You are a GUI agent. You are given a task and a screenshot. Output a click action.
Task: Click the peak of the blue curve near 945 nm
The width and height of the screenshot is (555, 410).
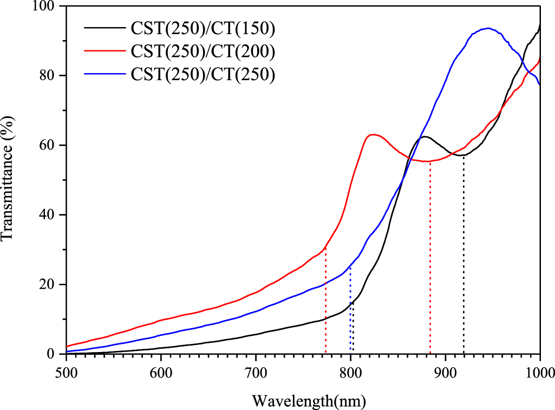[488, 28]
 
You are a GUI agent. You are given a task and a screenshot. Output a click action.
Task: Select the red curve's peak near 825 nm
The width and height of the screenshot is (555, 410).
[373, 134]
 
